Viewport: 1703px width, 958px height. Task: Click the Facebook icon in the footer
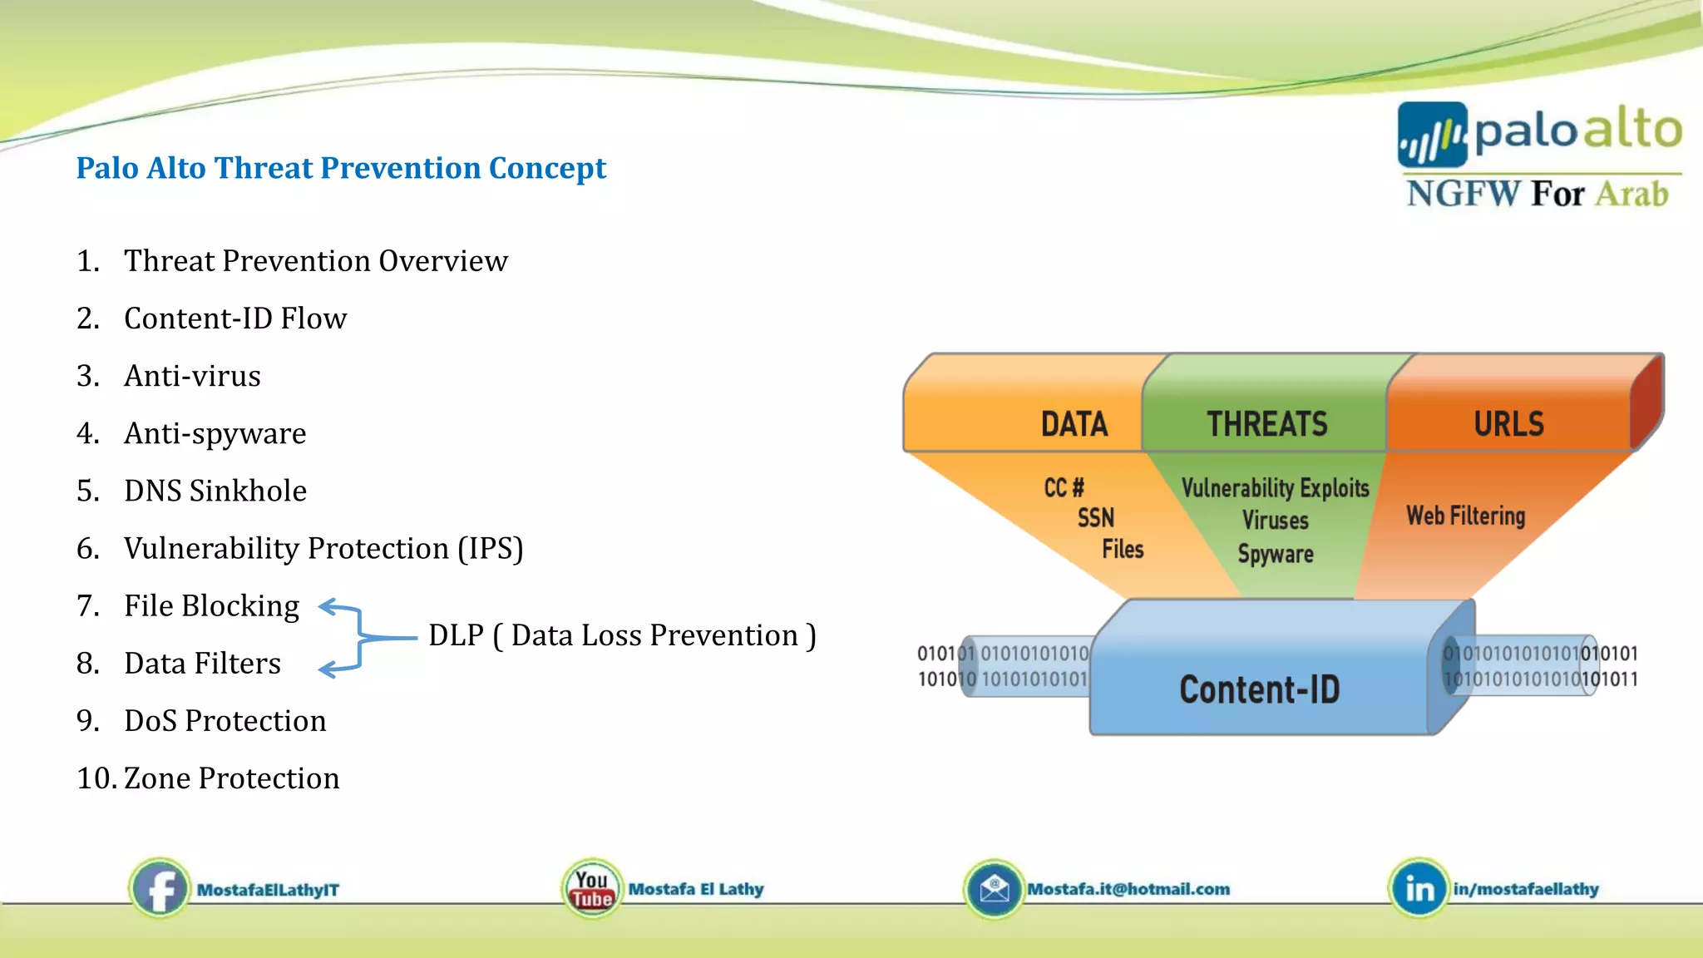coord(160,888)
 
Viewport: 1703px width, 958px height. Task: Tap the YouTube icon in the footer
coord(591,888)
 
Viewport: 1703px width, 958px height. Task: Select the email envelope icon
coord(994,889)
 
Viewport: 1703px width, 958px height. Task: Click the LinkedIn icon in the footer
coord(1419,889)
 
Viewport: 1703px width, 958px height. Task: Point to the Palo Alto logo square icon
coord(1432,135)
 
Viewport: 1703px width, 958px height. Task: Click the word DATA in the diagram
coord(1074,424)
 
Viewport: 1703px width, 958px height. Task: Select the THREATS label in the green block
coord(1266,424)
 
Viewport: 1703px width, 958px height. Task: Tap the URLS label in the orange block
coord(1508,424)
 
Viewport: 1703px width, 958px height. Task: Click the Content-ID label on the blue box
coord(1259,689)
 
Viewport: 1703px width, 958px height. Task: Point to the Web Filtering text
coord(1465,516)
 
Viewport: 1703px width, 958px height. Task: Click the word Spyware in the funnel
coord(1276,554)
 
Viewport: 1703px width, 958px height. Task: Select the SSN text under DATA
coord(1095,518)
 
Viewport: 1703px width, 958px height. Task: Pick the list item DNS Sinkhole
coord(215,491)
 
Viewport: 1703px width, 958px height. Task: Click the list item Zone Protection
coord(231,778)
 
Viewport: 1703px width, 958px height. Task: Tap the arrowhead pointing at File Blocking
coord(326,608)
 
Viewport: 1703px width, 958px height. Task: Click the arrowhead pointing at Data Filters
coord(327,669)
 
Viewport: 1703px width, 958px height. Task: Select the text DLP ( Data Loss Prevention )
coord(622,636)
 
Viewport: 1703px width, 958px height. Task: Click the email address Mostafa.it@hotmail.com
coord(1128,889)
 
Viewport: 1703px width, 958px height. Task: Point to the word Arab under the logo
coord(1631,194)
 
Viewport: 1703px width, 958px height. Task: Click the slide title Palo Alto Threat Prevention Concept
coord(341,168)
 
